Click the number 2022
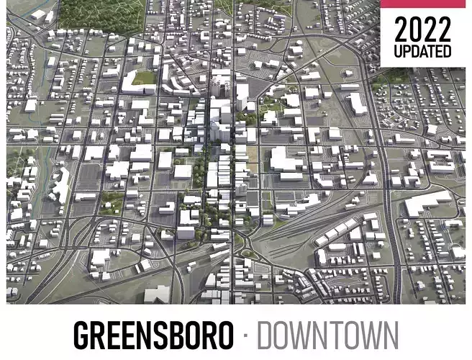point(422,30)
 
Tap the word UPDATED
point(422,51)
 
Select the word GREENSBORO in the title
point(153,336)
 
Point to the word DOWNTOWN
point(327,336)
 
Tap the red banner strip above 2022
point(425,4)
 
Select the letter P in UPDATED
point(407,51)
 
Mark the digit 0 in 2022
point(414,30)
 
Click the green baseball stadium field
point(143,77)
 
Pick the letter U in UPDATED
point(398,51)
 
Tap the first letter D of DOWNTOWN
point(266,336)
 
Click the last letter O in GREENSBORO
point(224,336)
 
